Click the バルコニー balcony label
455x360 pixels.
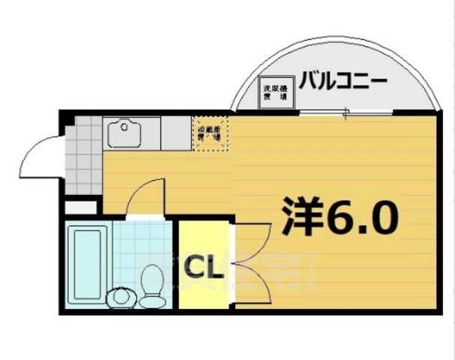pyautogui.click(x=343, y=79)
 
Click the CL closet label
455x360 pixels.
pyautogui.click(x=202, y=265)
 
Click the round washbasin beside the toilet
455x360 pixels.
pyautogui.click(x=120, y=298)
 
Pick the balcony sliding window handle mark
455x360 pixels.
pyautogui.click(x=346, y=114)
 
